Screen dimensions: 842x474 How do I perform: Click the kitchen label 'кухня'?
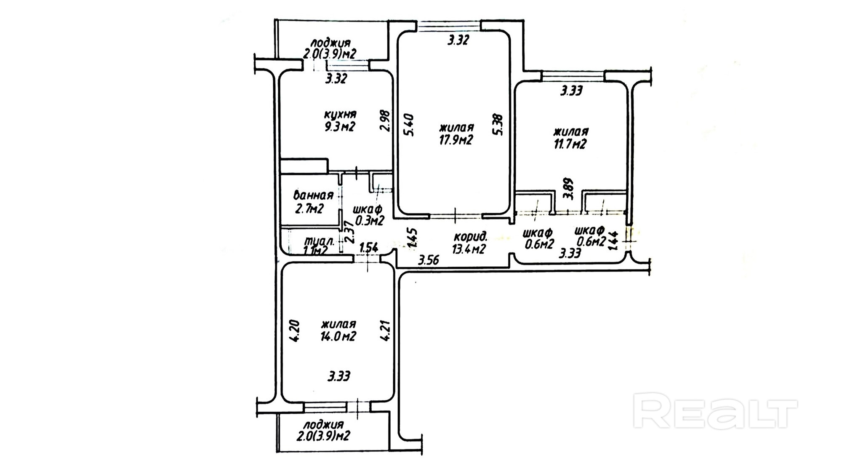(340, 114)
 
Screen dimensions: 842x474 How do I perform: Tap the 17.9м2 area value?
(456, 139)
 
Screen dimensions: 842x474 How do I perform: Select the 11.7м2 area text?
(570, 144)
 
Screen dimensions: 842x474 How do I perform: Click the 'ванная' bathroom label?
(313, 195)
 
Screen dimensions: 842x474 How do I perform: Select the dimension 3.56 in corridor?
(429, 260)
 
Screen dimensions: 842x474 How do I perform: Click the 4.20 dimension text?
(294, 331)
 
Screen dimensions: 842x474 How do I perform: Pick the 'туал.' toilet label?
(320, 242)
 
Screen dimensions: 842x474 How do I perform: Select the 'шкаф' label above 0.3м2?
(368, 209)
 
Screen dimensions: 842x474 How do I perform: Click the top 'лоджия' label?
(330, 43)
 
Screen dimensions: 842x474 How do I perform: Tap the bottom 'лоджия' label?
(323, 425)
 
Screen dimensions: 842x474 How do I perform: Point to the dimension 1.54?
(368, 248)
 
